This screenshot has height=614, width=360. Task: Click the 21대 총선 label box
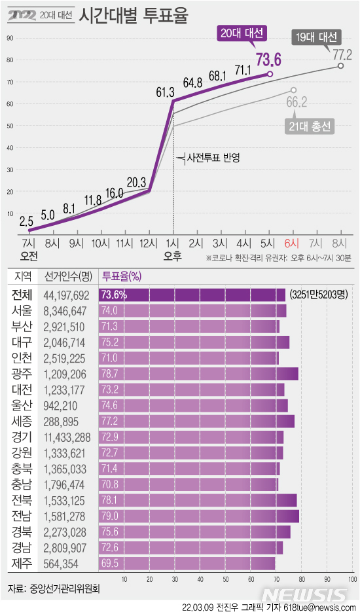click(310, 125)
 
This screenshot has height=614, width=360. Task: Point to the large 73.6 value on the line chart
click(268, 61)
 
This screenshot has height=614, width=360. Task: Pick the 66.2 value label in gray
click(297, 101)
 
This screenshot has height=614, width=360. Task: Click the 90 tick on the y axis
click(10, 38)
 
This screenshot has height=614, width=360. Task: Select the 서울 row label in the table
click(22, 310)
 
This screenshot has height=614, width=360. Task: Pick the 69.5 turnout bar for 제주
click(187, 562)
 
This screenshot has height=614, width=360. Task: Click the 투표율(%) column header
click(122, 277)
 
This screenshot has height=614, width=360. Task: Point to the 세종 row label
click(22, 421)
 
